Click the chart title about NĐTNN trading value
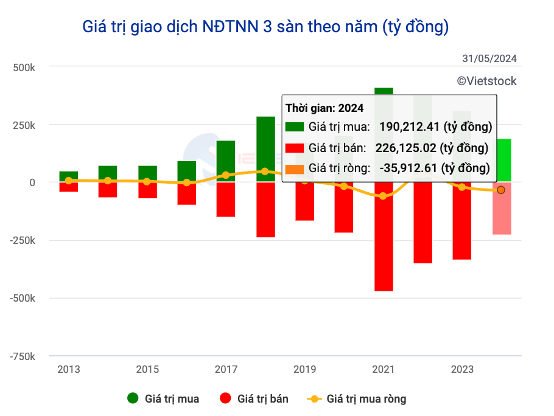pos(265,27)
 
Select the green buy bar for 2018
pos(265,148)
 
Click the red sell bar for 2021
pos(384,237)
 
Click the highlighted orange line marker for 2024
pos(501,190)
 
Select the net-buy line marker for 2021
pos(383,196)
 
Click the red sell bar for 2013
pos(69,187)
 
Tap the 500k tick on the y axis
pos(24,67)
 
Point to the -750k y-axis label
pos(22,356)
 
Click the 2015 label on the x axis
pos(147,370)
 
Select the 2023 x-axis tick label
pos(462,370)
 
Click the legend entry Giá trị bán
pos(254,399)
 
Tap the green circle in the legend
pos(133,399)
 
